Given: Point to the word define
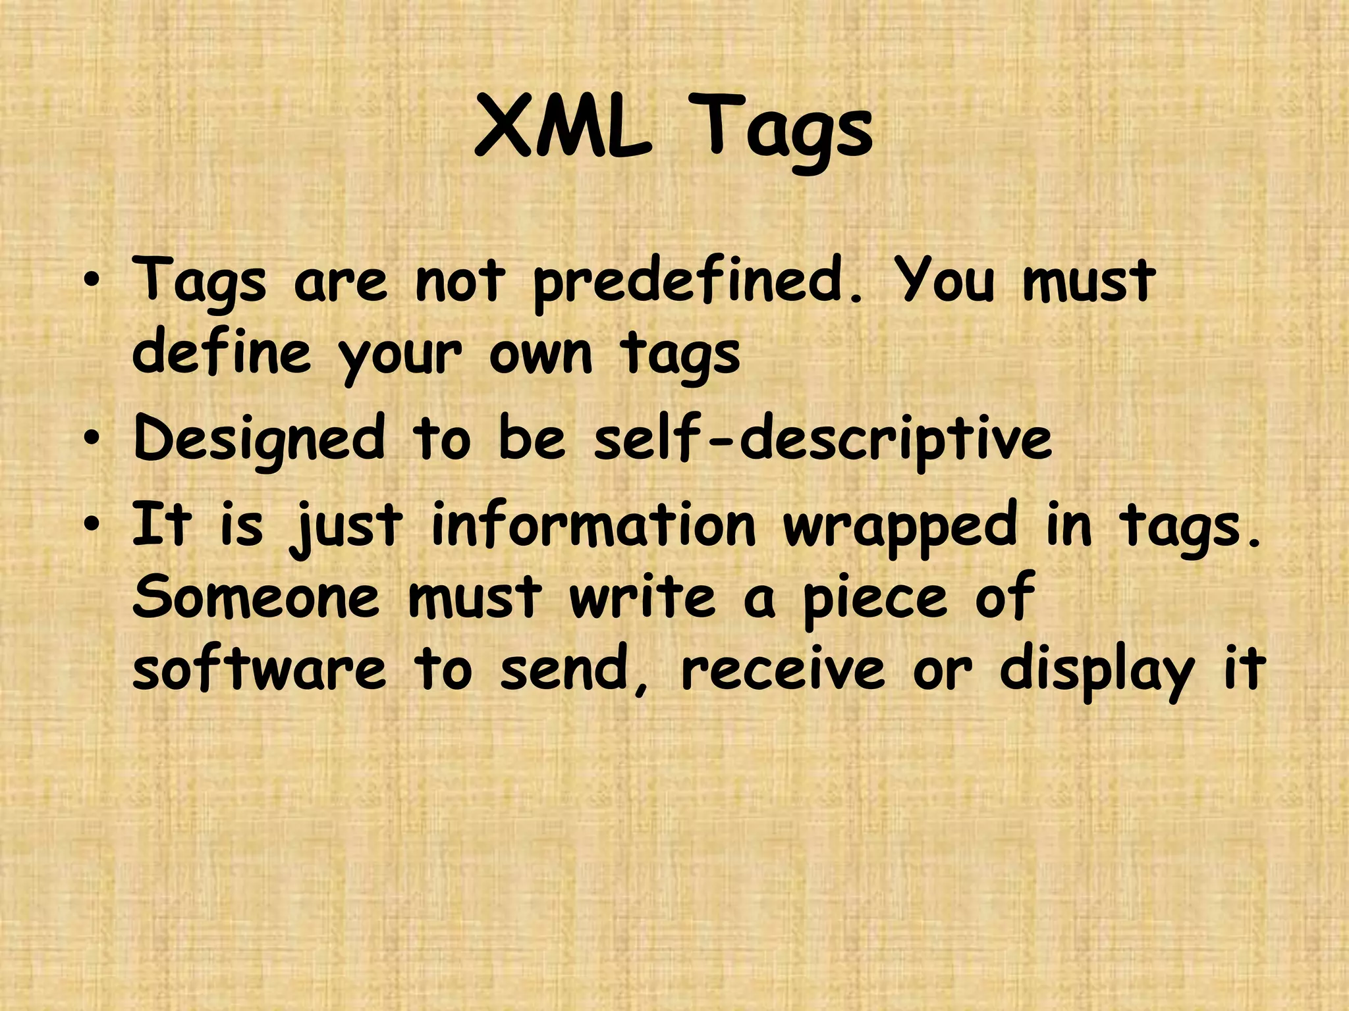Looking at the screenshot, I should pyautogui.click(x=221, y=353).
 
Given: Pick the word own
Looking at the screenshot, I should pyautogui.click(x=541, y=354).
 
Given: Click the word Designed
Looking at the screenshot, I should pyautogui.click(x=259, y=438).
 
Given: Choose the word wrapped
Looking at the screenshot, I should pyautogui.click(x=900, y=527).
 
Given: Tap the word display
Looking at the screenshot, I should pyautogui.click(x=1097, y=671).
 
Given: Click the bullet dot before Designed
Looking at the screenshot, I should pyautogui.click(x=94, y=438).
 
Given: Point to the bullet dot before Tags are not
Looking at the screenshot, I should pyautogui.click(x=94, y=281).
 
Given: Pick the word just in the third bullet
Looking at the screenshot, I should pyautogui.click(x=346, y=527).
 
